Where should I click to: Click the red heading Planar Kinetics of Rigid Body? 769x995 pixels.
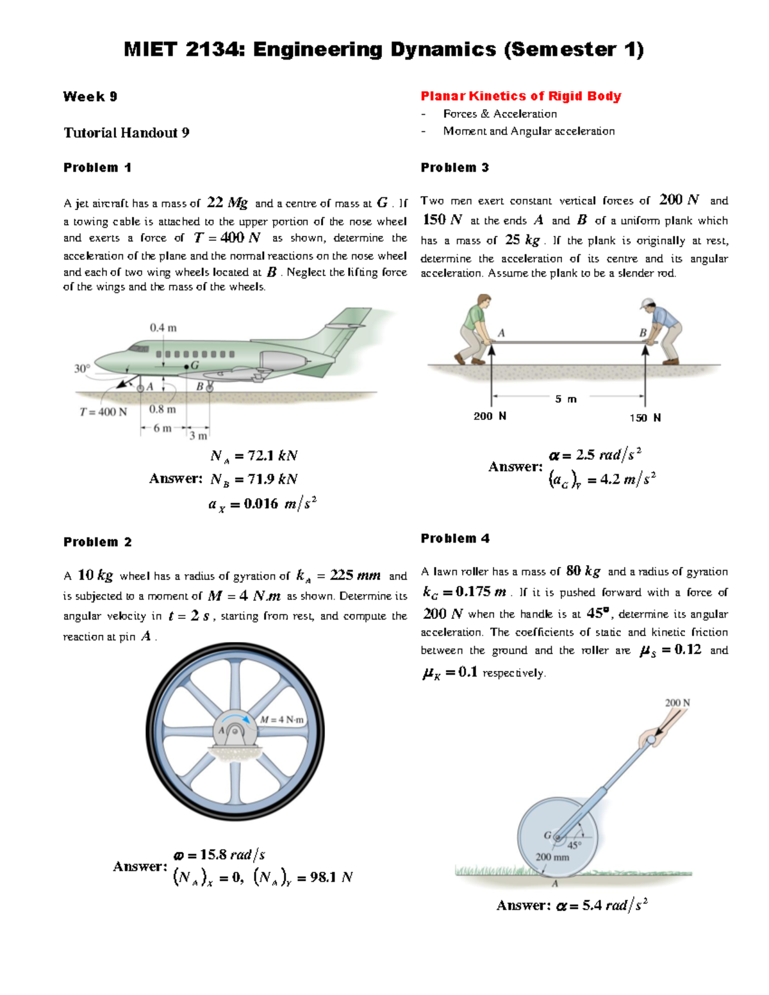(x=520, y=96)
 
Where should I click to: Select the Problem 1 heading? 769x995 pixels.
(x=97, y=167)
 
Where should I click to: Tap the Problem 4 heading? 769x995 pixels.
(x=454, y=538)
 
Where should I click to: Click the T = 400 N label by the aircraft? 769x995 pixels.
(x=103, y=412)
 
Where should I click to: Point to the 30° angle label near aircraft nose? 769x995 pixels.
(x=81, y=368)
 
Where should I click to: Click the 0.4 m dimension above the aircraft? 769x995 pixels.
(x=163, y=327)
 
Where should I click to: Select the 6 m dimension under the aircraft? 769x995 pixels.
(x=162, y=428)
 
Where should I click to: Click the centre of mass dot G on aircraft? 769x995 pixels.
(x=186, y=366)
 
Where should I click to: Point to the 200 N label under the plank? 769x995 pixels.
(x=490, y=416)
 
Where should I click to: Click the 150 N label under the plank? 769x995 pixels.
(x=645, y=418)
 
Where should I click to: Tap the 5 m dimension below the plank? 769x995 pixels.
(x=565, y=399)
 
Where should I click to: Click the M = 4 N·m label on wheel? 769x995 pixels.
(x=282, y=720)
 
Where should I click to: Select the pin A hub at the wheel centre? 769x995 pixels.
(x=235, y=732)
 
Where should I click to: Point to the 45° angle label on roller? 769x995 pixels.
(x=574, y=844)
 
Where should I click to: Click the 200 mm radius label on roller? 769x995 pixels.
(x=552, y=857)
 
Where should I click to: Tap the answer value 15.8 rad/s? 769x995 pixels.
(x=219, y=855)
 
